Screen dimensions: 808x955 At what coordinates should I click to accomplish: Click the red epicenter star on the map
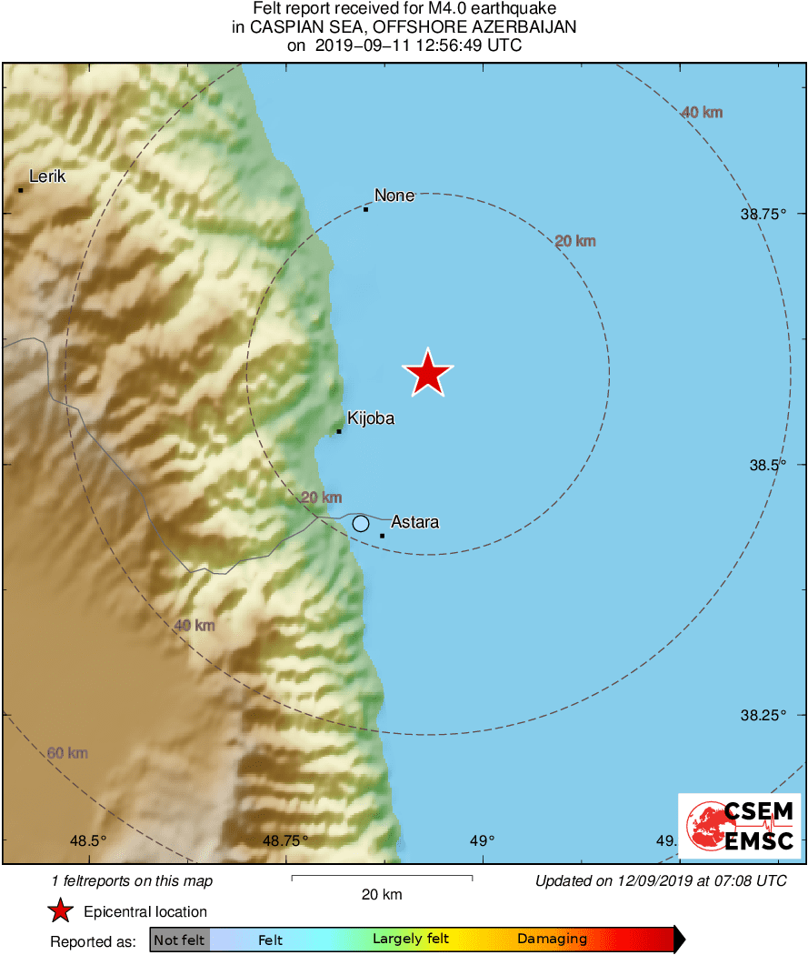[x=427, y=373]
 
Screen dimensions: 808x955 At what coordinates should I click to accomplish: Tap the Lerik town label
[x=47, y=176]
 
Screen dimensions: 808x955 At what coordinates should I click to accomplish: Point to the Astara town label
[x=414, y=522]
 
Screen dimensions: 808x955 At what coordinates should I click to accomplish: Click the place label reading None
[x=394, y=196]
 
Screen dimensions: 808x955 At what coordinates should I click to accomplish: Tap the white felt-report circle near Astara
[x=361, y=523]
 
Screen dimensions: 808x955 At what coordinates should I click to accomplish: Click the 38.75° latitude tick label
[x=767, y=214]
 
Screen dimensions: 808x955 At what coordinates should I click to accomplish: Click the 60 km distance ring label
[x=67, y=753]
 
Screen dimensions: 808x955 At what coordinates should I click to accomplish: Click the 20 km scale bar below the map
[x=382, y=878]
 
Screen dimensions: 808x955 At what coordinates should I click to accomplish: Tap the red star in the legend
[x=60, y=911]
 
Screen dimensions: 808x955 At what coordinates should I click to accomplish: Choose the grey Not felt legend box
[x=179, y=940]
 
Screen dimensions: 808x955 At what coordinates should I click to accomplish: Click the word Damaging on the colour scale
[x=552, y=940]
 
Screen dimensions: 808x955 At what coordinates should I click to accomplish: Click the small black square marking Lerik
[x=20, y=190]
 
